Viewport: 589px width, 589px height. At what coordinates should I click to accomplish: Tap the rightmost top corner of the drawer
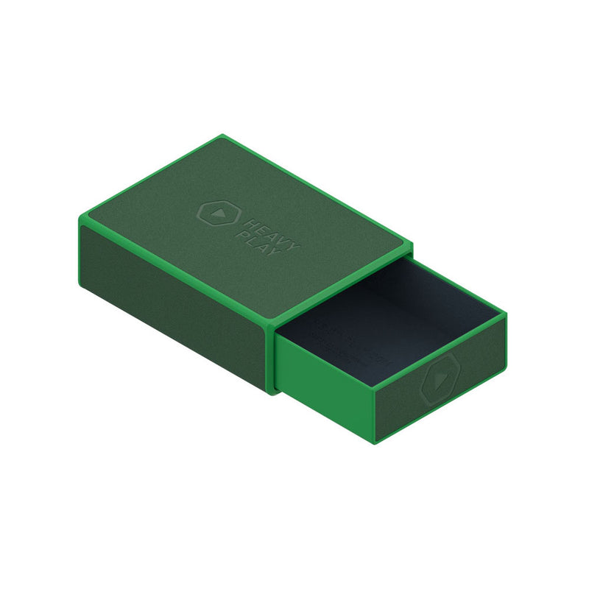507,315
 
